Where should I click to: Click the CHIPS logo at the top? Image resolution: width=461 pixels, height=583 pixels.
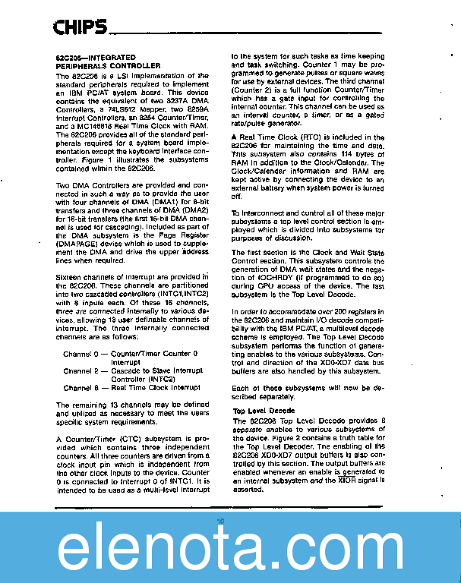[x=79, y=29]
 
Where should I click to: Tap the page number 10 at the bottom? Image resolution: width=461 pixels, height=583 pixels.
[x=220, y=521]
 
